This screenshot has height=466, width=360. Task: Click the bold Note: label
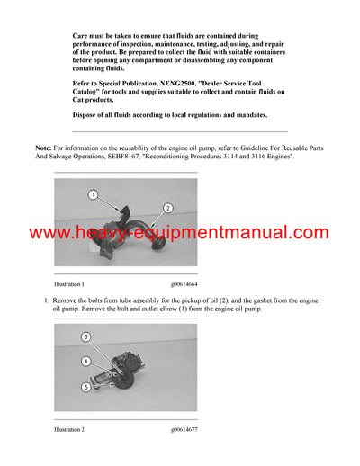pyautogui.click(x=43, y=146)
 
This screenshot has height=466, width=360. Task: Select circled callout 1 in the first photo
pyautogui.click(x=93, y=195)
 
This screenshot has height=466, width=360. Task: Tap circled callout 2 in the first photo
pyautogui.click(x=167, y=208)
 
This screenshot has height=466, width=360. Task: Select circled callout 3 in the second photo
pyautogui.click(x=86, y=337)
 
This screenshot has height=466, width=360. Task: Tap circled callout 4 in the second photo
pyautogui.click(x=86, y=362)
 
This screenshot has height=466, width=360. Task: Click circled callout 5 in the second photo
pyautogui.click(x=86, y=388)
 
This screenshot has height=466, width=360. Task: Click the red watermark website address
pyautogui.click(x=179, y=234)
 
